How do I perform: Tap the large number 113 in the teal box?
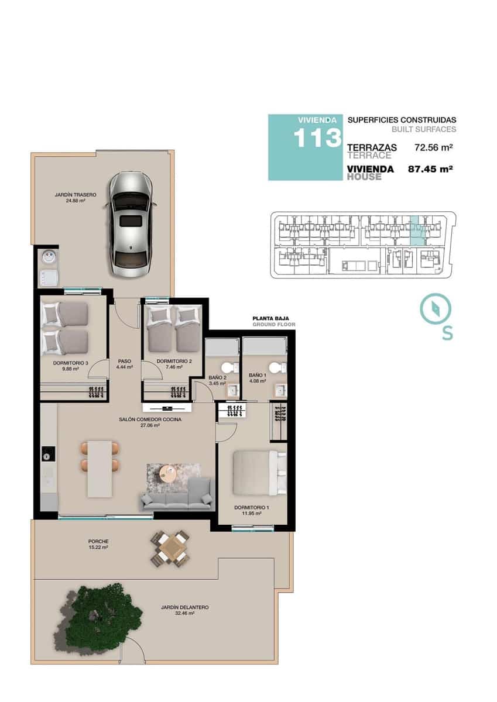[x=317, y=139]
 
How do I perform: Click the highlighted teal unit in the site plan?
[x=416, y=230]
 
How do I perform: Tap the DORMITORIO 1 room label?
[x=251, y=507]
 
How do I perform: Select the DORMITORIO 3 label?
[x=70, y=363]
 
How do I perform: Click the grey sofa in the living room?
[x=176, y=494]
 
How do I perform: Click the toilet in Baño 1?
[x=282, y=367]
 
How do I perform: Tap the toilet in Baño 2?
[x=233, y=367]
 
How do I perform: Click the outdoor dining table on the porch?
[x=170, y=548]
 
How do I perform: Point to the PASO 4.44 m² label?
[x=125, y=364]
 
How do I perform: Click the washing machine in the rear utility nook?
[x=47, y=256]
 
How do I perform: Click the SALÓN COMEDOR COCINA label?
[x=150, y=419]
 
